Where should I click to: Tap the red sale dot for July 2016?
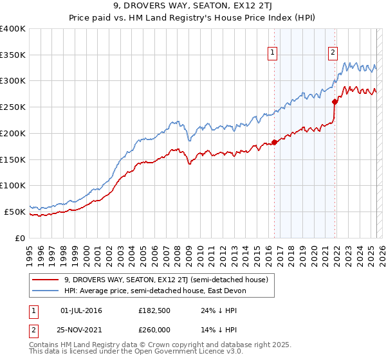[274, 142]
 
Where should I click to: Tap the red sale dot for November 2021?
[335, 102]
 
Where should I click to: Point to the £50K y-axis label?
[14, 212]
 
